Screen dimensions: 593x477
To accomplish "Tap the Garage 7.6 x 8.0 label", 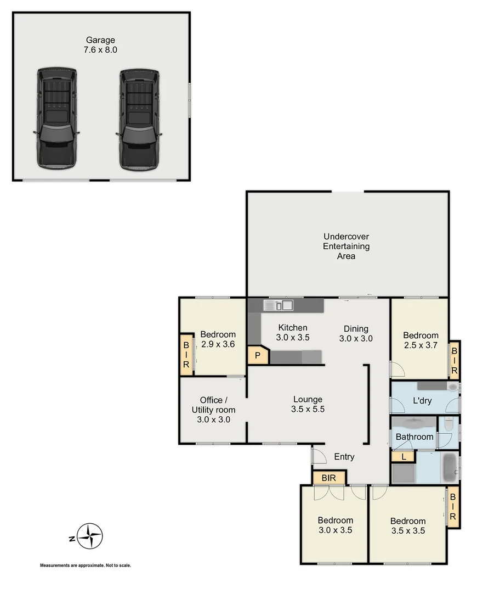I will [101, 44].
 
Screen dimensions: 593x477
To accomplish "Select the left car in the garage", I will [56, 118].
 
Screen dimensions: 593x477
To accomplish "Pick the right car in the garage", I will [139, 118].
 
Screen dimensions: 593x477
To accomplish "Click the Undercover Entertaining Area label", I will [346, 247].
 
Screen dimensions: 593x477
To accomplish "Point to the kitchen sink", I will [279, 305].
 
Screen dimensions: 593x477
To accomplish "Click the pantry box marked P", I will [257, 355].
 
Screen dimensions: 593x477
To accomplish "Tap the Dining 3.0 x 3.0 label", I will [356, 334].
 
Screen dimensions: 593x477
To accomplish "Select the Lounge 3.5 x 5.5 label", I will [308, 404].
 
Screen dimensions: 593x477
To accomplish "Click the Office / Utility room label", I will [213, 410].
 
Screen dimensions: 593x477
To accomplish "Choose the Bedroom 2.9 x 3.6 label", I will [218, 339].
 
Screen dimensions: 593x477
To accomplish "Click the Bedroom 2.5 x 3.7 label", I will [421, 340].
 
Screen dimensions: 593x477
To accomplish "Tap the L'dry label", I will [422, 401].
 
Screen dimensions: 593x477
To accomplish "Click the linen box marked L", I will [404, 456].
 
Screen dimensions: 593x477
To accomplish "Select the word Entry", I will [344, 457].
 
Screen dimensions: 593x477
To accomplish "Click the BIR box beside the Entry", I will [329, 478].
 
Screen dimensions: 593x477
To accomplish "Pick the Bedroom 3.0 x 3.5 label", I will [336, 525].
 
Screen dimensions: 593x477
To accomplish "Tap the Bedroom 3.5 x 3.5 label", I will [408, 526].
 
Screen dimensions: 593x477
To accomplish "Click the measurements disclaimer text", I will [85, 566].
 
